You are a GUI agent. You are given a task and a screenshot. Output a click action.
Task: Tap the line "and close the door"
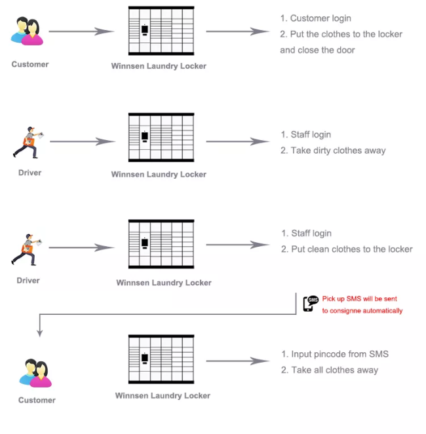coord(317,50)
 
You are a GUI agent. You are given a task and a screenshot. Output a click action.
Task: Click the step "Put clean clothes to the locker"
coord(347,249)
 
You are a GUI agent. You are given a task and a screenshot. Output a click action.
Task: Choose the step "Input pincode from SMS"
coord(334,354)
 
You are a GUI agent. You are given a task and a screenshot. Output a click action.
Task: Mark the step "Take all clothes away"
coord(330,370)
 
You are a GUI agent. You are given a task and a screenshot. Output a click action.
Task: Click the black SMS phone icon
coord(310,304)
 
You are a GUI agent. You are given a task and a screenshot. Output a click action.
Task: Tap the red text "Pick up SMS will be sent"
coord(359,298)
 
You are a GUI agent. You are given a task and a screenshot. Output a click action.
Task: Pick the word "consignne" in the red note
coord(345,311)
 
